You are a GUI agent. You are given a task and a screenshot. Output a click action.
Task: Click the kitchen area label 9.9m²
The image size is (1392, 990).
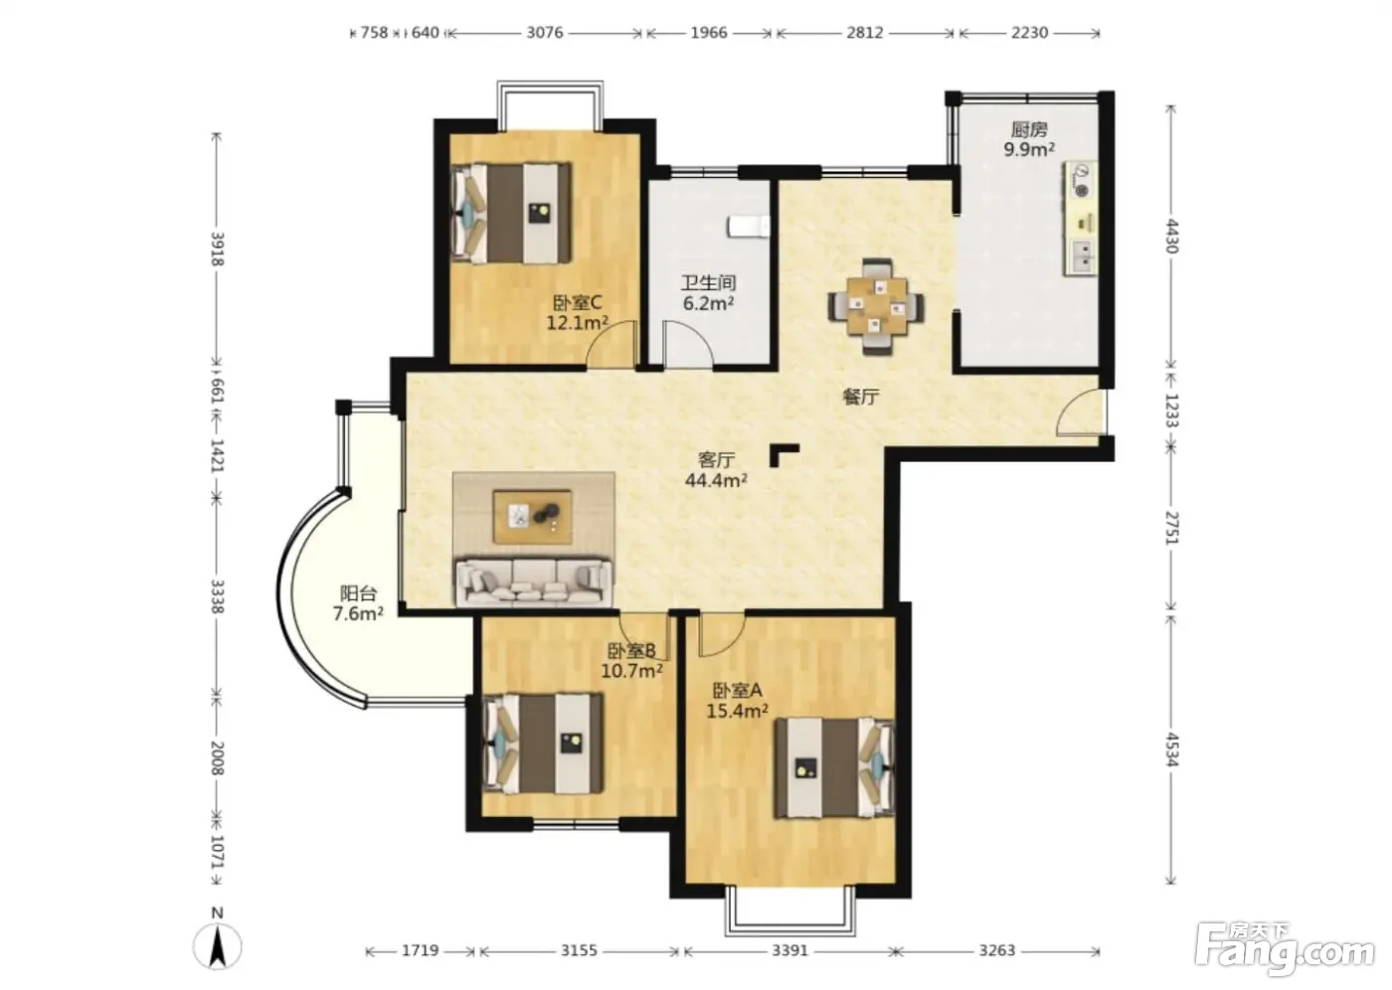tap(1029, 150)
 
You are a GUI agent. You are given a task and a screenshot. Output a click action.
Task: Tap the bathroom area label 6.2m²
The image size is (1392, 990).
tap(708, 303)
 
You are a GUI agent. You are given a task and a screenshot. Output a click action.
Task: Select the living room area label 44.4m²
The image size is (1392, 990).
tap(716, 480)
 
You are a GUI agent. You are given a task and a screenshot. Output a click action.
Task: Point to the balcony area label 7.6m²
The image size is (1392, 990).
tap(358, 613)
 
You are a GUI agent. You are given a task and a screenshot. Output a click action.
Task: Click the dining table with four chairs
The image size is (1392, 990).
tap(876, 306)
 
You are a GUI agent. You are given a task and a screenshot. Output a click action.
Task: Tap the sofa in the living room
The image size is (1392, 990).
tap(533, 582)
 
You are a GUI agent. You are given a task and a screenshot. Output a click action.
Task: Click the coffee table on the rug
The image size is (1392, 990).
tap(533, 516)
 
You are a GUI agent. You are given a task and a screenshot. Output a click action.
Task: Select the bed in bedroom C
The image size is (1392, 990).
tap(511, 213)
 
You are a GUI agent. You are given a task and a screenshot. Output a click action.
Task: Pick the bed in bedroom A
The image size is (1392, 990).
tap(834, 767)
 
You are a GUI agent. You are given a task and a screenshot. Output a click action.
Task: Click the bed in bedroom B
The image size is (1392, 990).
tap(543, 743)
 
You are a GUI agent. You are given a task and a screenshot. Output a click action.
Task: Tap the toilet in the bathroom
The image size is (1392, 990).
tap(748, 226)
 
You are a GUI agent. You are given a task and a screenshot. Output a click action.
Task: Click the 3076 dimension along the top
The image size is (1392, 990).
tap(545, 32)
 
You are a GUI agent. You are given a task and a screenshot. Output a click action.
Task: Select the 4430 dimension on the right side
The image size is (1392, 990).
tap(1171, 236)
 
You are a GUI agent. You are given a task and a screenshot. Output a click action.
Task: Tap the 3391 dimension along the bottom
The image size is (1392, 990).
tap(789, 949)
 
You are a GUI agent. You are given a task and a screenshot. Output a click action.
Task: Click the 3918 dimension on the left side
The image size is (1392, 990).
tap(218, 249)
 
